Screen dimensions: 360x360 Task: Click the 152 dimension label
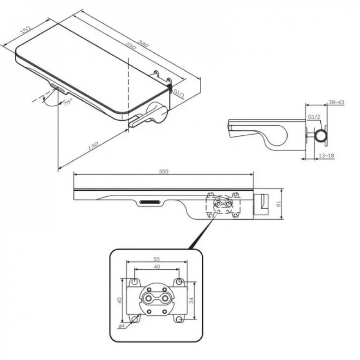pyautogui.click(x=26, y=30)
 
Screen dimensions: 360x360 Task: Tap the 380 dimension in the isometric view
pyautogui.click(x=143, y=43)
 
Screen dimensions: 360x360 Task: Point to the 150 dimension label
pyautogui.click(x=93, y=145)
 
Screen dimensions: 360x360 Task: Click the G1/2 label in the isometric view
pyautogui.click(x=179, y=94)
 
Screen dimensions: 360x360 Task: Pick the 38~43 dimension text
pyautogui.click(x=336, y=102)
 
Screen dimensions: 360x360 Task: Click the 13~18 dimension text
pyautogui.click(x=326, y=156)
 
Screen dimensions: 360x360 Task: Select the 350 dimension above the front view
pyautogui.click(x=163, y=171)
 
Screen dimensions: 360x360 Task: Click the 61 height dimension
pyautogui.click(x=279, y=204)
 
